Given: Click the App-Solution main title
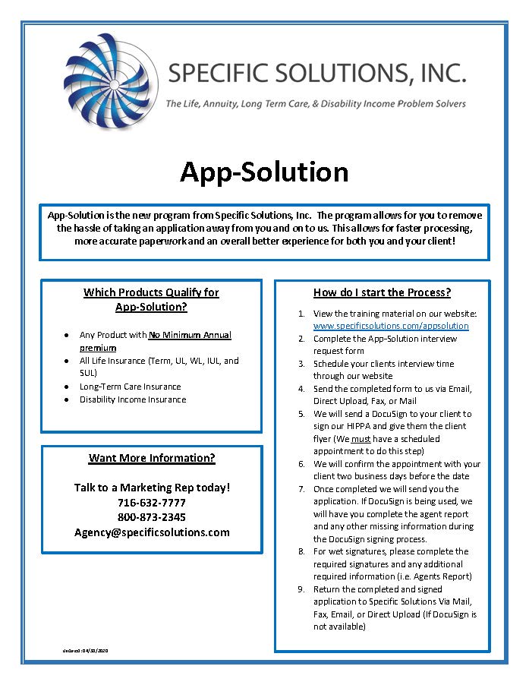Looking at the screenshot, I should click(264, 172).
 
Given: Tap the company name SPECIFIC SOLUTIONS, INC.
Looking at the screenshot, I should click(316, 74).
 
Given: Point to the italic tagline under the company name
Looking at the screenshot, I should click(316, 103).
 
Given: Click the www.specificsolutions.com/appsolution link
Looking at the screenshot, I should click(391, 326).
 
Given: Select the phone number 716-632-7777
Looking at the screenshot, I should click(152, 502).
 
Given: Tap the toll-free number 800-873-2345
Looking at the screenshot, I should click(152, 516).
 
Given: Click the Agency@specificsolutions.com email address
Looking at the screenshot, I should click(152, 532).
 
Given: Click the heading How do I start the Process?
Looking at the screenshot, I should click(382, 292).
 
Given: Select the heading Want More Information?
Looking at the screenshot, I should click(152, 458).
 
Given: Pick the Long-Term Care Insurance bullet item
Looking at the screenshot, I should click(131, 387).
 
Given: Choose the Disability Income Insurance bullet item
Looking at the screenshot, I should click(133, 399).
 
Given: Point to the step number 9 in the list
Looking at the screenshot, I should click(301, 589).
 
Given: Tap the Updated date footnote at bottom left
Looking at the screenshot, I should click(87, 651).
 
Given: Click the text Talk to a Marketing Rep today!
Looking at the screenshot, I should click(152, 487).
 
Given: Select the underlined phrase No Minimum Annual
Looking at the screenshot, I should click(190, 335).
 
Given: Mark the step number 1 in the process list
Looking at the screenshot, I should click(301, 314).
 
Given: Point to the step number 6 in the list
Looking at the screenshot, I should click(301, 464).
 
